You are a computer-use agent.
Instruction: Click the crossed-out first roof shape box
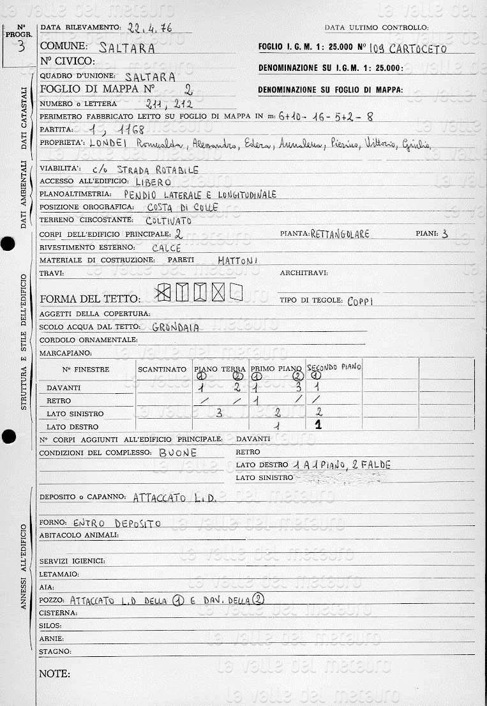(164, 292)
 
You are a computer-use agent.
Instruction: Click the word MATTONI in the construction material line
(237, 260)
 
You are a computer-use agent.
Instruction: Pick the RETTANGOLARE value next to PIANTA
(340, 234)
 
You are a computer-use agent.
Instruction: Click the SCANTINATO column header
(162, 369)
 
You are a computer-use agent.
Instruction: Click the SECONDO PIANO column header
(334, 367)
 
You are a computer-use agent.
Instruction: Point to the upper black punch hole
(8, 244)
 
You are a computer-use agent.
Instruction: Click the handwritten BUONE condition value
(178, 452)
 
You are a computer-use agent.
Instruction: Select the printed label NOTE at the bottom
(54, 673)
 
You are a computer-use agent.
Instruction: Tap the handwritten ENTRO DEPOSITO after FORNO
(117, 523)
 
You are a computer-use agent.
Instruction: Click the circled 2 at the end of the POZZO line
(258, 599)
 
